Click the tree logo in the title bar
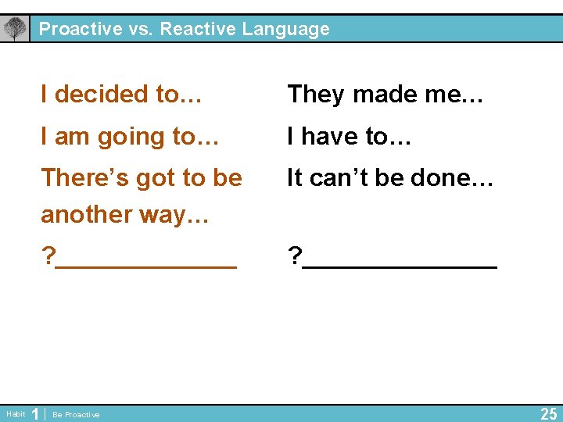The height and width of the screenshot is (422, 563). tap(14, 29)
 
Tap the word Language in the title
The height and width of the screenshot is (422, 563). tap(285, 30)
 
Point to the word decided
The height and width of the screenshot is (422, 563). tap(102, 95)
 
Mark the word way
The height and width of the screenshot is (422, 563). tap(172, 214)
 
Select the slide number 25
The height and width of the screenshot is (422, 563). tap(549, 413)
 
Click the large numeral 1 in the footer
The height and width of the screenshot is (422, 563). tap(34, 413)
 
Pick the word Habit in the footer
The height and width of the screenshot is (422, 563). tap(16, 414)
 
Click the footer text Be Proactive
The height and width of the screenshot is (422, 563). tap(76, 415)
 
